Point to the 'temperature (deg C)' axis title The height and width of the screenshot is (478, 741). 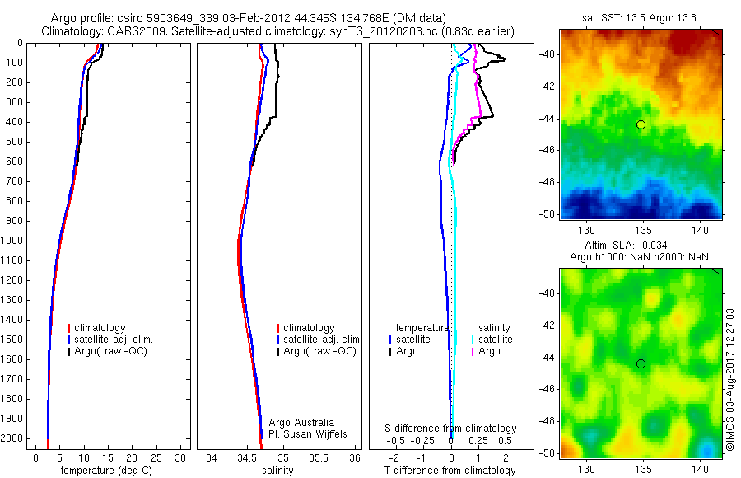point(103,471)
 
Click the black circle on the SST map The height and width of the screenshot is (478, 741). point(641,124)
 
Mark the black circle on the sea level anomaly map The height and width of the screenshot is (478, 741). point(641,363)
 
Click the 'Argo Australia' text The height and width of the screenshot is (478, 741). point(302,423)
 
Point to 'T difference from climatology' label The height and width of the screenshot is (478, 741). point(450,471)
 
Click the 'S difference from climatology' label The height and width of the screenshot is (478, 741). point(451,429)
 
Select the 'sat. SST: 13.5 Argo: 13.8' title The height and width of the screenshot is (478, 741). point(641,17)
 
